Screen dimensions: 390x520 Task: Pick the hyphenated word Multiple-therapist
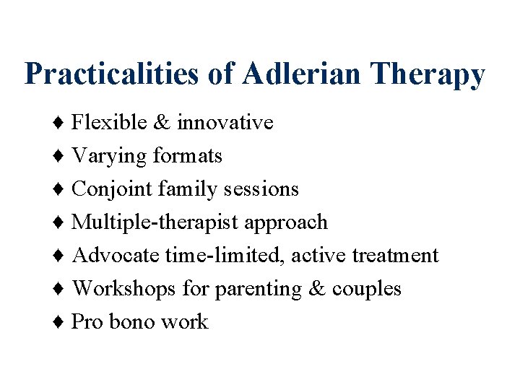pyautogui.click(x=156, y=222)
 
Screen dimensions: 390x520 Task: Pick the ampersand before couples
pyautogui.click(x=316, y=289)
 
